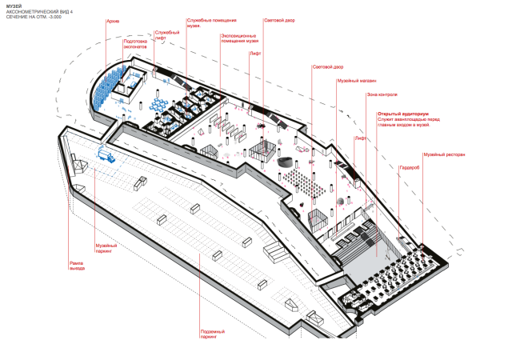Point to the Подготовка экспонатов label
[135, 45]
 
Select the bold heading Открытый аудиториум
[403, 114]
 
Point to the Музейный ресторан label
[444, 154]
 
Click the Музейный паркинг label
[106, 248]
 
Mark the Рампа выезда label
[77, 265]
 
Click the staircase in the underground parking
[274, 253]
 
